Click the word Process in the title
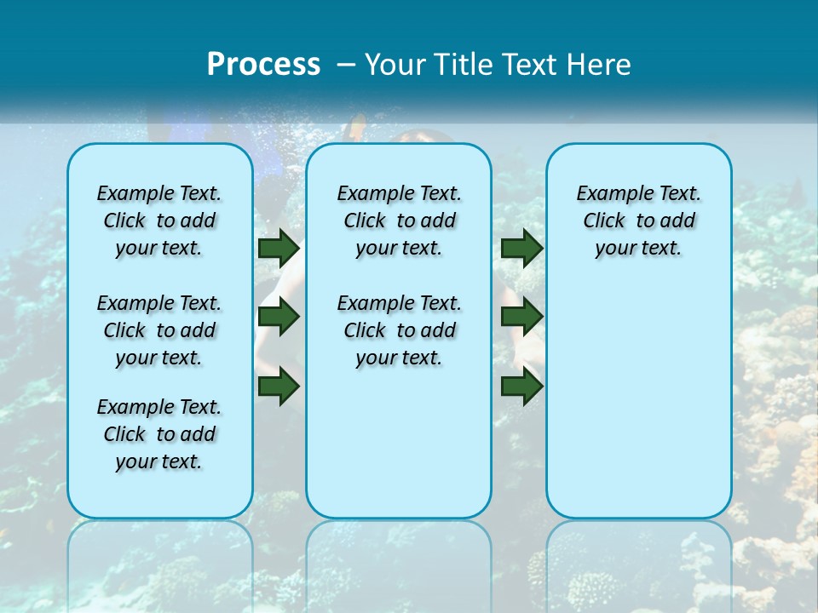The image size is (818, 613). tap(263, 65)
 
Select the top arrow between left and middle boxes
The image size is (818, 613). tap(279, 249)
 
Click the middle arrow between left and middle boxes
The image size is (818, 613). tap(279, 318)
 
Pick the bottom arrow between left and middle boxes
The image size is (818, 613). tap(279, 387)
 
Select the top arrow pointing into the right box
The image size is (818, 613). tap(521, 249)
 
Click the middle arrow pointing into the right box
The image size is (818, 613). tap(521, 318)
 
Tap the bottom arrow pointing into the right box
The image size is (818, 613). tap(521, 387)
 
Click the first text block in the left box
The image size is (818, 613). tap(159, 221)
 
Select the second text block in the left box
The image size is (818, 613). tap(159, 330)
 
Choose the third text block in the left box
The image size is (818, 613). tap(159, 434)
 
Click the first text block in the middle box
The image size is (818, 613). tap(399, 221)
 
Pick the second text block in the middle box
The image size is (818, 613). tap(399, 330)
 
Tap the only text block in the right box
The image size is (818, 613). tap(638, 221)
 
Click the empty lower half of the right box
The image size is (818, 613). tap(638, 409)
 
